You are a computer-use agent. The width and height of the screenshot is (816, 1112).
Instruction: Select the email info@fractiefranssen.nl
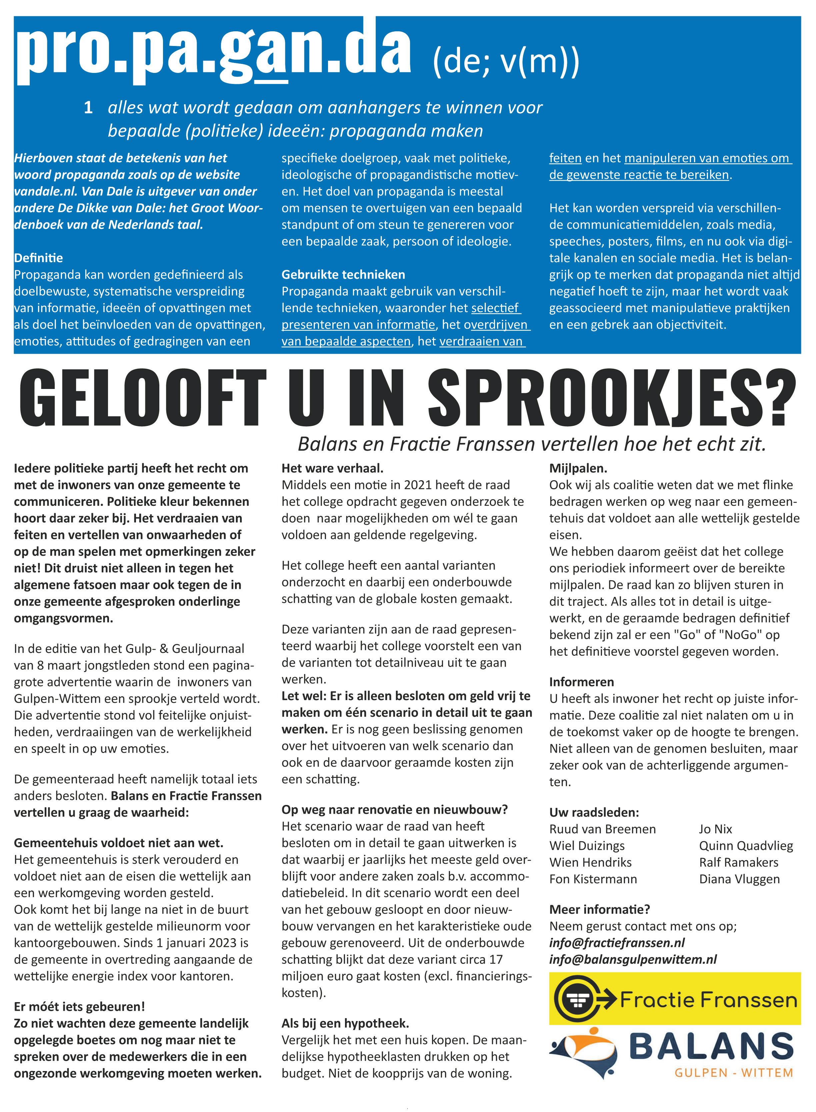(617, 943)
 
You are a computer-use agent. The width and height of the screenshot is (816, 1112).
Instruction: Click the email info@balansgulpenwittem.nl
(633, 959)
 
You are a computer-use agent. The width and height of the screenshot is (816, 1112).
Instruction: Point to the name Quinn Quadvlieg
(746, 846)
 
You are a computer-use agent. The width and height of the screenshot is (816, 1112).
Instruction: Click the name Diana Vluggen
(739, 879)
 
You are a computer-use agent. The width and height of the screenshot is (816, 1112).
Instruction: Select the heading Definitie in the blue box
(39, 258)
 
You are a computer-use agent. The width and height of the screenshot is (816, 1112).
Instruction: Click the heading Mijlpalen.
(578, 468)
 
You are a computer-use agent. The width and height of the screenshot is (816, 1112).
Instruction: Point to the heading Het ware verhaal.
(332, 468)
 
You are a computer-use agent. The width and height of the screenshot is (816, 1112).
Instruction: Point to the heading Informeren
(581, 682)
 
